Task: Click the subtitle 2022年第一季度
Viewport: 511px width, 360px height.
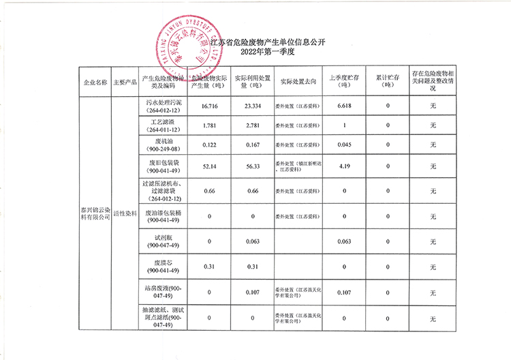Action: click(255, 52)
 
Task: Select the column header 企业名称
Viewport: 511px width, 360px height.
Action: click(95, 82)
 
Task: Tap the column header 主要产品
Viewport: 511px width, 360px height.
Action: click(125, 82)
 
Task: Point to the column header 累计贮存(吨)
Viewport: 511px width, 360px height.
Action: click(388, 82)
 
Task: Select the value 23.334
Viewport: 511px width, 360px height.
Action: click(251, 107)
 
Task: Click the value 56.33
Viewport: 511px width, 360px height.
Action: click(251, 166)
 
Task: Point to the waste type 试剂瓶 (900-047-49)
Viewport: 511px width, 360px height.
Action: click(163, 241)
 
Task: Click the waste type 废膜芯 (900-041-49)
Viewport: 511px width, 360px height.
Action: click(163, 266)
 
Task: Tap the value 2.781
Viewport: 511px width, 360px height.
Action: click(251, 126)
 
